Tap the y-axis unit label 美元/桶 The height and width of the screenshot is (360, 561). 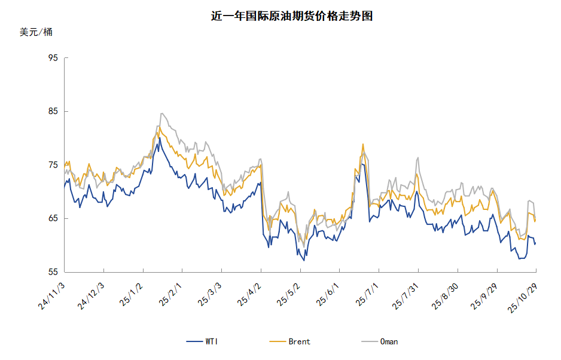pyautogui.click(x=36, y=32)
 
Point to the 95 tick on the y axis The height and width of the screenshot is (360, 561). pyautogui.click(x=53, y=58)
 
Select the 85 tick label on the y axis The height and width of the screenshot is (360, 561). pyautogui.click(x=53, y=111)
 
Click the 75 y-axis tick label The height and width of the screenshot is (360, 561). pyautogui.click(x=53, y=165)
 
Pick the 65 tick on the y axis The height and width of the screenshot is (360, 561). pyautogui.click(x=53, y=218)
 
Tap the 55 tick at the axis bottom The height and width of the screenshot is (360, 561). pyautogui.click(x=53, y=272)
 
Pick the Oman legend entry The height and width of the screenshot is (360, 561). pyautogui.click(x=388, y=341)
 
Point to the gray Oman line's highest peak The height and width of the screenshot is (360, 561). pyautogui.click(x=161, y=113)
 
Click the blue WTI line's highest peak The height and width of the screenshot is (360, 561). pyautogui.click(x=160, y=138)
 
